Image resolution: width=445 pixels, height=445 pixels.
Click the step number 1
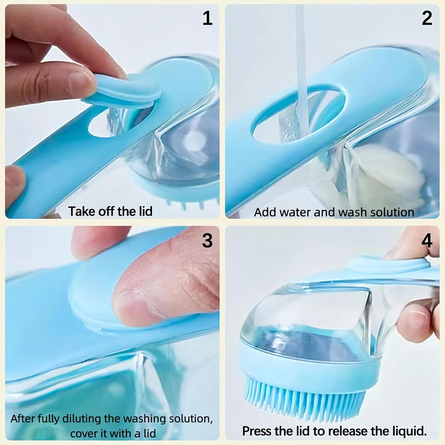(207, 18)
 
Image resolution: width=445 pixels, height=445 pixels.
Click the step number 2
(427, 18)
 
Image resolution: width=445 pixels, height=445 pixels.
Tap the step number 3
(207, 240)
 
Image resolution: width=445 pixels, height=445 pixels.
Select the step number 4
(427, 240)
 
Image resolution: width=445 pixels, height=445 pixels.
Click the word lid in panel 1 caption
(146, 211)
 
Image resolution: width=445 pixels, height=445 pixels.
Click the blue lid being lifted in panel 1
(125, 89)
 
